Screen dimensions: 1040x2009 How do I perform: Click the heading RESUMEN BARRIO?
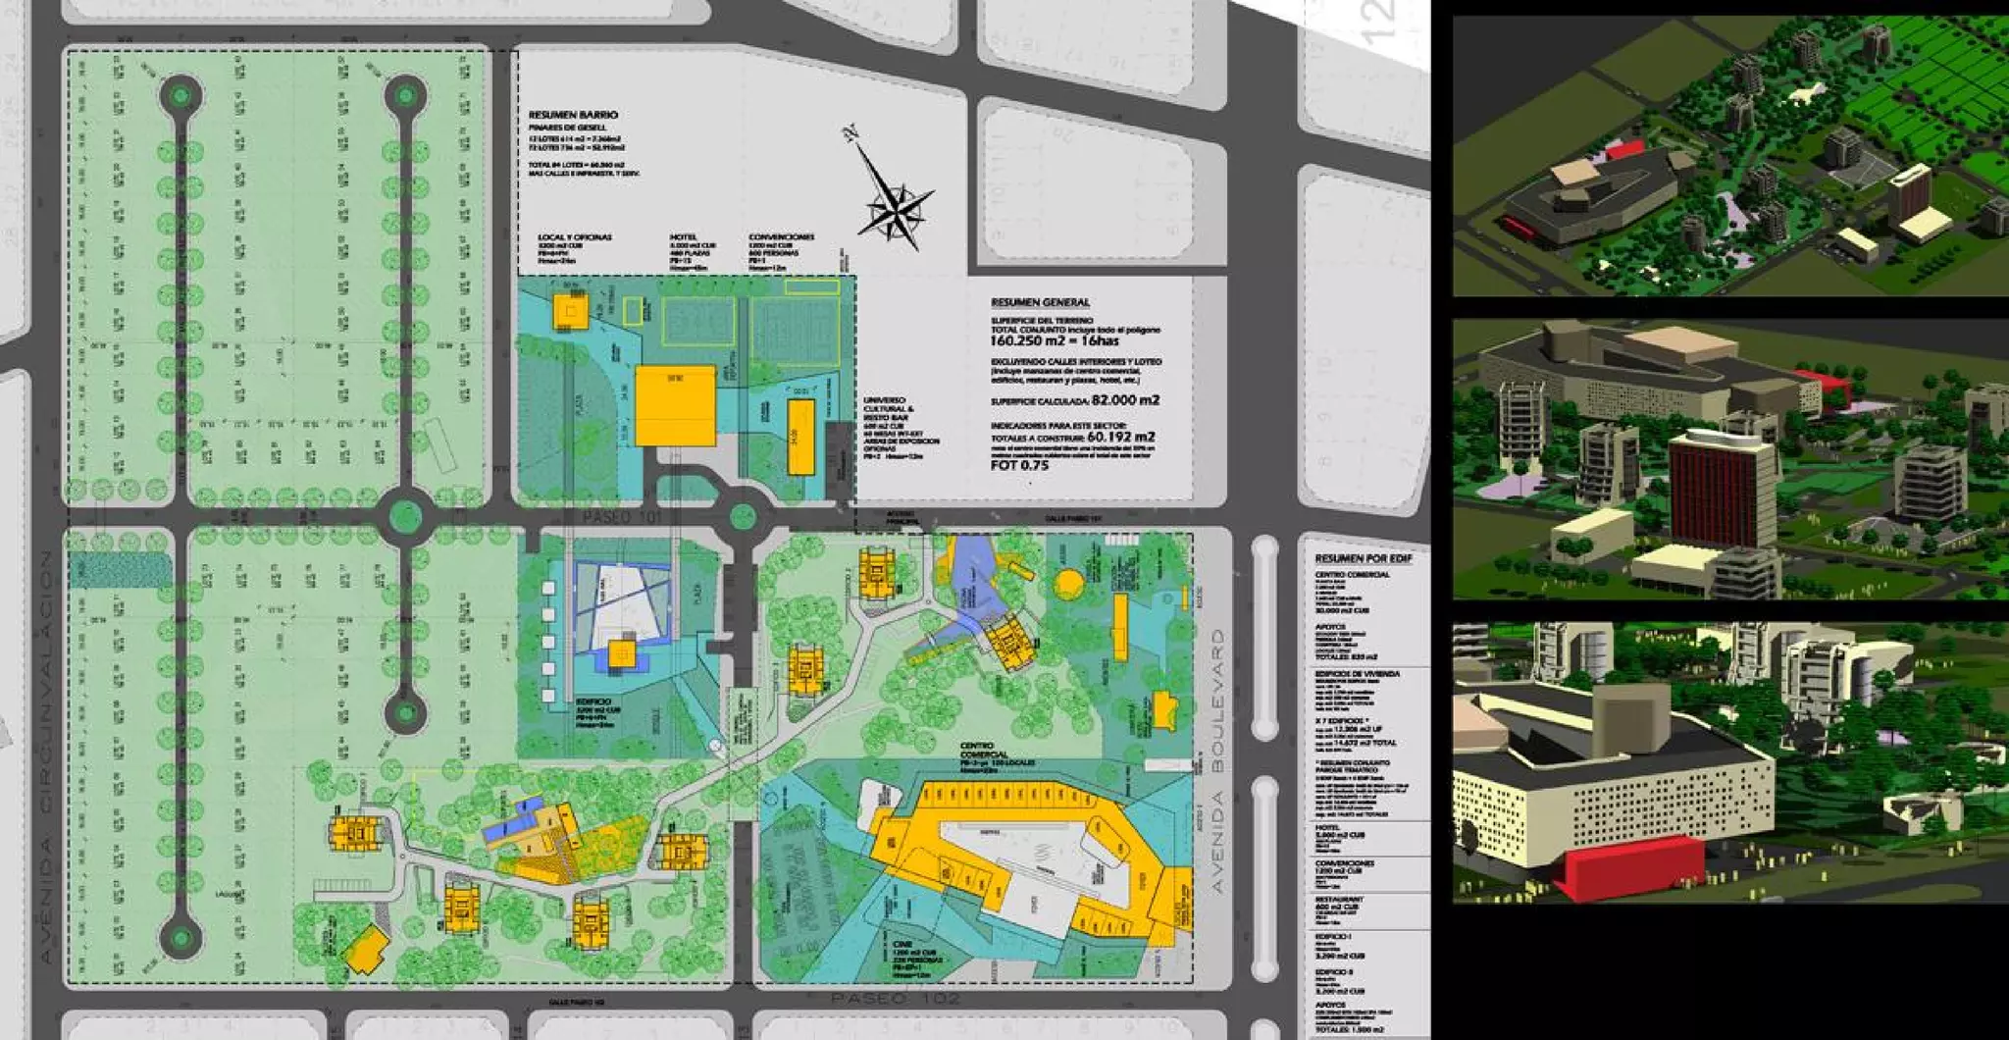573,115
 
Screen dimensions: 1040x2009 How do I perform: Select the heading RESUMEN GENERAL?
1040,302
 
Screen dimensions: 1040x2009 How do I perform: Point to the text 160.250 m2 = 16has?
1054,340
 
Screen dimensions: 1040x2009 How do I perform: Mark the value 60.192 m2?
1120,437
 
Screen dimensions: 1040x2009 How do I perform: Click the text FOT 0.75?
1019,465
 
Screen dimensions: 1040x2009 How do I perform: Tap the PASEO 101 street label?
622,516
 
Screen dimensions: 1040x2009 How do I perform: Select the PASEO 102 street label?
895,998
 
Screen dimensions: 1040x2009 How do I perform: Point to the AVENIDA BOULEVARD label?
1218,761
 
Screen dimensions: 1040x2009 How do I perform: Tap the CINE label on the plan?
902,943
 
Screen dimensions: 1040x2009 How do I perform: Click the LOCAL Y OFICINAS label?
574,237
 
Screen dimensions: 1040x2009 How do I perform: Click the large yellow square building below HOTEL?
675,405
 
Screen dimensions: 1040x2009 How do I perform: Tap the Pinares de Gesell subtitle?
567,128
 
